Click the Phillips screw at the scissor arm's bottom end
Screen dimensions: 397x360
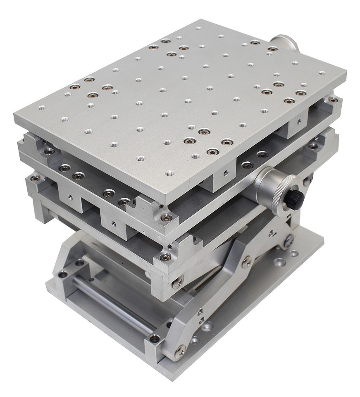(x=181, y=352)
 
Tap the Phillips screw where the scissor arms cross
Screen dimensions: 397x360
(x=247, y=261)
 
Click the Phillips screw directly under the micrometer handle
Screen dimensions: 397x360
(x=289, y=239)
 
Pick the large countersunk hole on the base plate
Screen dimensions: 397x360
(x=280, y=262)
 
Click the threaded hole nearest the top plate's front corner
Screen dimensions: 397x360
(x=169, y=173)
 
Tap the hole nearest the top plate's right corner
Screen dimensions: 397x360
(x=322, y=73)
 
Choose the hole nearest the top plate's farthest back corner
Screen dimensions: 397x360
(x=199, y=29)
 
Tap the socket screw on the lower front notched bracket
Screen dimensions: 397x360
(x=166, y=257)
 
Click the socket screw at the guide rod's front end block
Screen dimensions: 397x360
(x=155, y=338)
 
